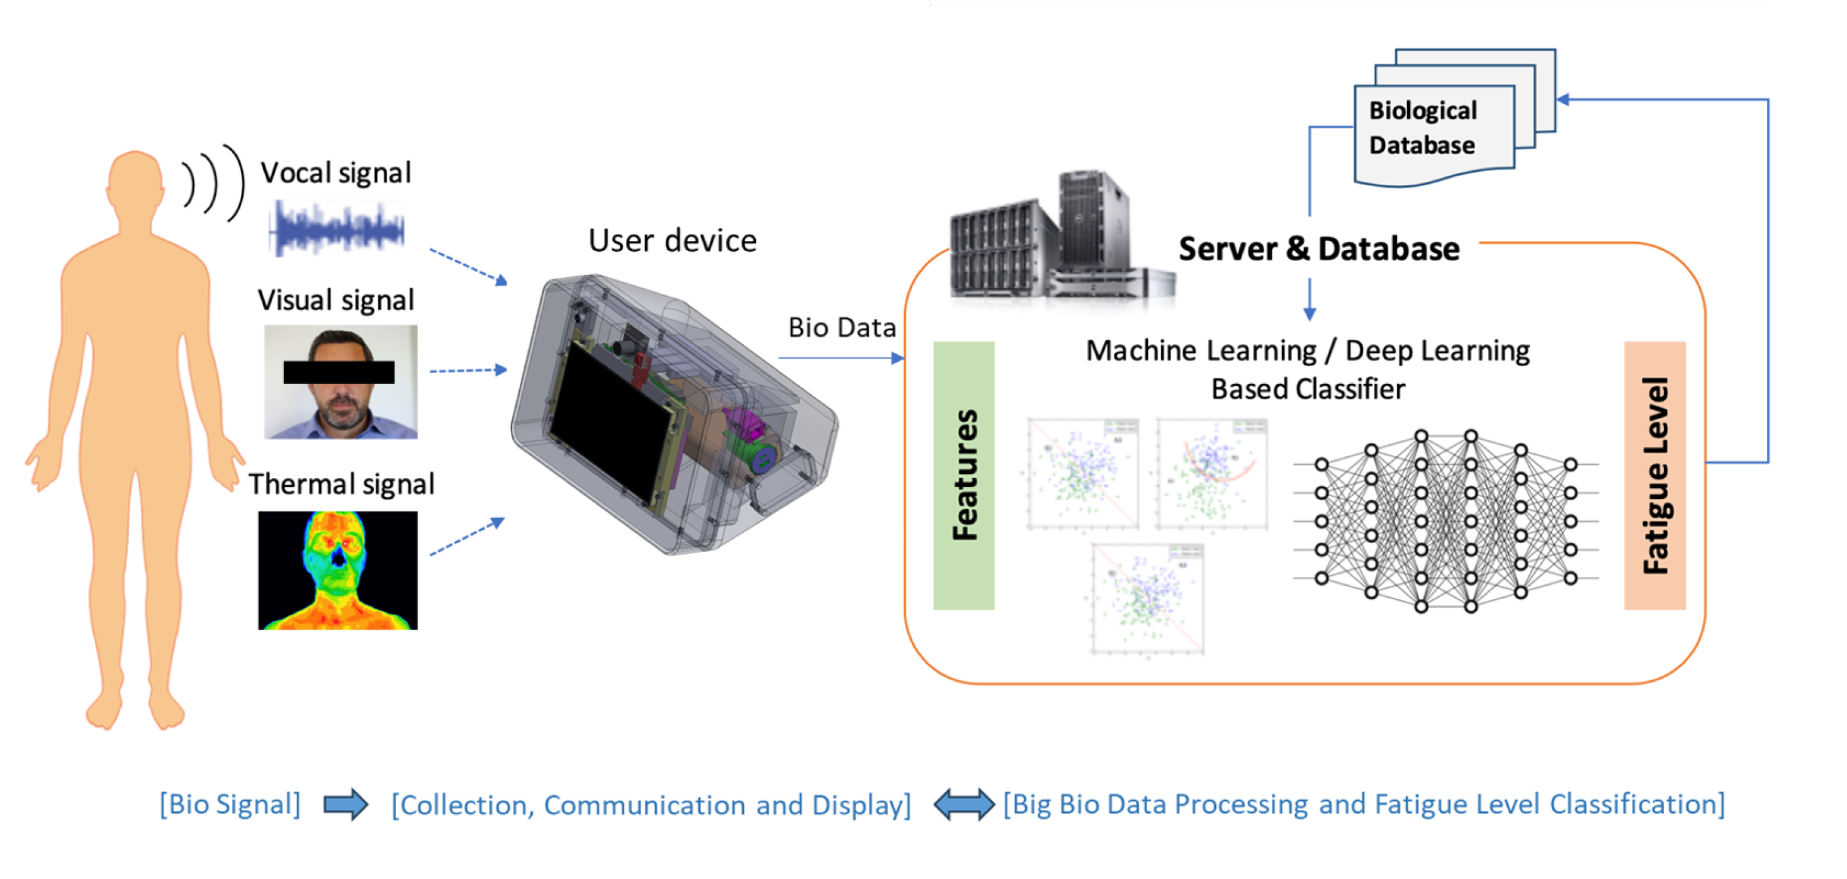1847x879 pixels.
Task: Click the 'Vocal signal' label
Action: pos(335,174)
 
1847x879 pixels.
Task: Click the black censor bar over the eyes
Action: pos(339,372)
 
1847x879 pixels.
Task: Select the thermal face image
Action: pos(338,571)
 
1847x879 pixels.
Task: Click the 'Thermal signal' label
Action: pos(341,484)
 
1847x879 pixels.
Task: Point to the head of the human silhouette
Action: pos(135,179)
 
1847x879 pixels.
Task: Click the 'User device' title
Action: pos(672,241)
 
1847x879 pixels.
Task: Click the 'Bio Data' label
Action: pos(842,328)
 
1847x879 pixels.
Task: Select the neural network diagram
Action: pos(1446,521)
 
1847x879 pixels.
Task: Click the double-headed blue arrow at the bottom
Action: pos(963,804)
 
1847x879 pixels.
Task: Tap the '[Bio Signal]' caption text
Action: pos(230,804)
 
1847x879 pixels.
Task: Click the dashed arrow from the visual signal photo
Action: pos(468,371)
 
